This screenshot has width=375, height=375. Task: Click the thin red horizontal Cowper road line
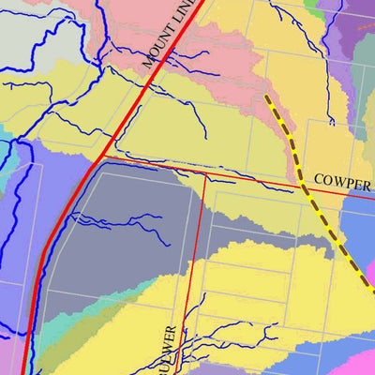(244, 175)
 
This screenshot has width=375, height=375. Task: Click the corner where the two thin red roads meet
(204, 174)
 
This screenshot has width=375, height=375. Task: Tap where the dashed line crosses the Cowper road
(302, 185)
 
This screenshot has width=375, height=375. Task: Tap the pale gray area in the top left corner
(23, 23)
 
